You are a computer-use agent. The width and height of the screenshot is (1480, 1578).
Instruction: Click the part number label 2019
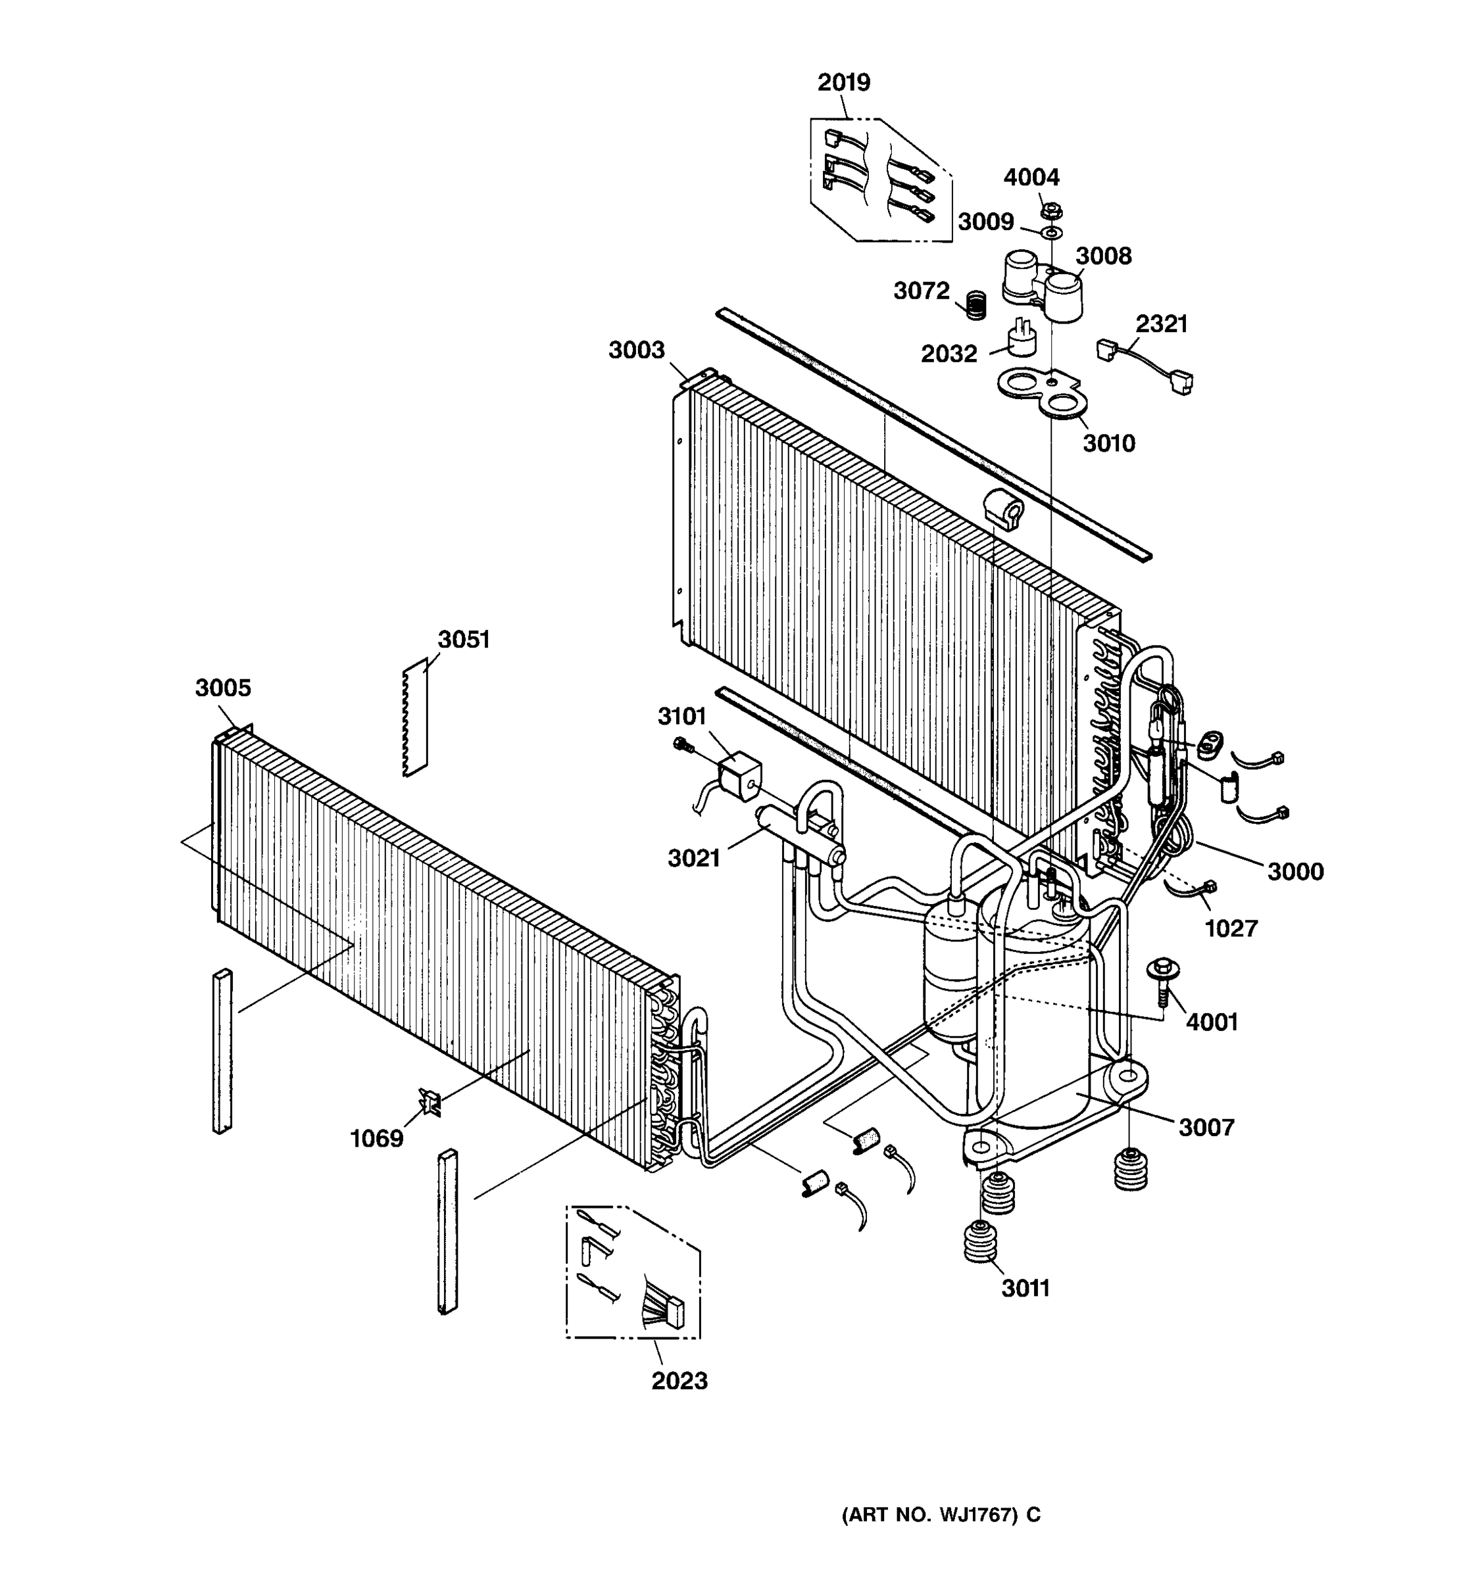click(x=843, y=83)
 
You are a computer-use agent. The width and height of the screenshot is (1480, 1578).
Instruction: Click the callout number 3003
click(x=636, y=350)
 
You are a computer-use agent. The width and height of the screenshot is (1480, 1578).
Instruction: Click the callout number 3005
click(x=222, y=688)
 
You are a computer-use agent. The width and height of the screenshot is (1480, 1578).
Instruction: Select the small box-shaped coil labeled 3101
click(x=739, y=775)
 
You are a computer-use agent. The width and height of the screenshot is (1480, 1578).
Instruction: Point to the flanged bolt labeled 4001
click(x=1162, y=980)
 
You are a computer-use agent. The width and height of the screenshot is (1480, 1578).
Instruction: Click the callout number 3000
click(x=1295, y=872)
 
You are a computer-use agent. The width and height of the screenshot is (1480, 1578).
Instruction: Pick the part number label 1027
click(x=1231, y=928)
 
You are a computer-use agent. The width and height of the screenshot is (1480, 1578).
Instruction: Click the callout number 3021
click(x=693, y=859)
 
